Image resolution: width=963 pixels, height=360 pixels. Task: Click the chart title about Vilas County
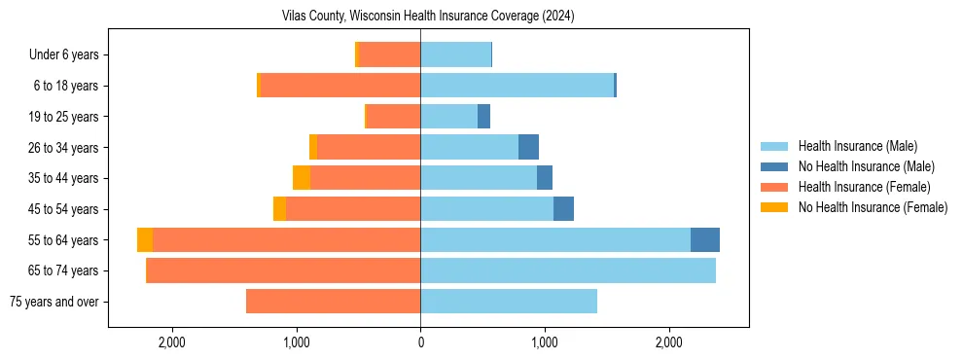pos(428,17)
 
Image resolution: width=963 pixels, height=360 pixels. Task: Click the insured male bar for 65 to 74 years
pos(568,270)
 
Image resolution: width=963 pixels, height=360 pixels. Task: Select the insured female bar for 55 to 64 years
pos(287,240)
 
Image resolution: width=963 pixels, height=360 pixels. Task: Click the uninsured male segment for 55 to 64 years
pos(705,240)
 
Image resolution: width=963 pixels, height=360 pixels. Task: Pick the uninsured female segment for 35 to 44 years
pos(302,178)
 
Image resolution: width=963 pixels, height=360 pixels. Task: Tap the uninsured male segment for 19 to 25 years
pos(483,117)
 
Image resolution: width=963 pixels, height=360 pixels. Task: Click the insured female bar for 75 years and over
pos(333,302)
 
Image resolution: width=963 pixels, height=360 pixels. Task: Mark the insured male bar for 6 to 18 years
pos(517,86)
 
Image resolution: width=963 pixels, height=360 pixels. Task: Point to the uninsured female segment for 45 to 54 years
pos(280,209)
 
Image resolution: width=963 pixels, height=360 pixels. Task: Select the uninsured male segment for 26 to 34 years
pos(528,148)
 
